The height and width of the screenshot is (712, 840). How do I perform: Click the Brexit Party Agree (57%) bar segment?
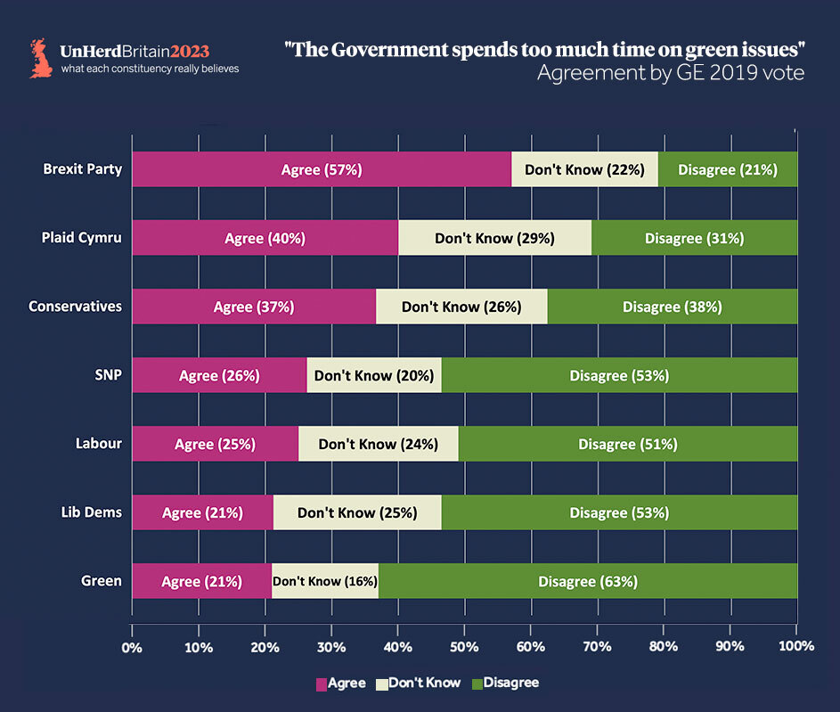pos(322,169)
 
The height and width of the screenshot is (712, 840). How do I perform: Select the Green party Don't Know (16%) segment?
pos(325,581)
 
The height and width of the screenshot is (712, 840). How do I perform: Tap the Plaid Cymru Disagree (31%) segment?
pos(694,238)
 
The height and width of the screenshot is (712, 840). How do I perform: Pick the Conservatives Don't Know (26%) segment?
pos(461,307)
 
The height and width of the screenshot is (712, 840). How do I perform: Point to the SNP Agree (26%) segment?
pos(219,375)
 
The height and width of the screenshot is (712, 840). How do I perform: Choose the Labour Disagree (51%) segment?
pos(628,444)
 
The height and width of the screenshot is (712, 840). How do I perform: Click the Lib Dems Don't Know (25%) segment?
pos(357,512)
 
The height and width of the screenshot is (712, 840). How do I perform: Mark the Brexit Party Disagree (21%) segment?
pos(728,169)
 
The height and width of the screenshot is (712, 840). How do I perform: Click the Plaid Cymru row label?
pos(81,238)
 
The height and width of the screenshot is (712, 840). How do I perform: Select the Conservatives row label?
pos(75,307)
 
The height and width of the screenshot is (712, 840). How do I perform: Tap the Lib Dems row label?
pos(92,512)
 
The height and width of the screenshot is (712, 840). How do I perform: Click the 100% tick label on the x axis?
pos(796,645)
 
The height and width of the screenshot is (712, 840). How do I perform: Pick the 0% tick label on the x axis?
pos(132,645)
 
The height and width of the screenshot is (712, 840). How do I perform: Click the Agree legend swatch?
pos(322,683)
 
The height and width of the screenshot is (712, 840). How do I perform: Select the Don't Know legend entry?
pos(417,683)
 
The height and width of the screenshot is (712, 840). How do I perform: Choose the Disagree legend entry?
pos(505,683)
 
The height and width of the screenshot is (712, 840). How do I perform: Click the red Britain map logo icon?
pos(41,58)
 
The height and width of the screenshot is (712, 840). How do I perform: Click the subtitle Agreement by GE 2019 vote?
pos(670,74)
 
